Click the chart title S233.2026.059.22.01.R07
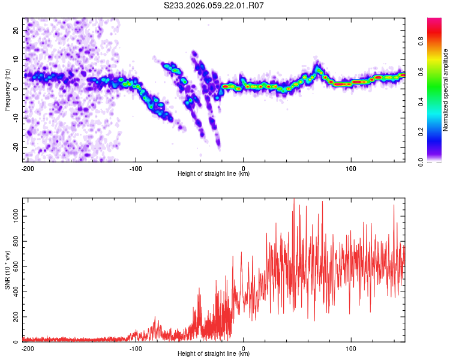click(x=214, y=5)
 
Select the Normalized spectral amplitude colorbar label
click(x=446, y=90)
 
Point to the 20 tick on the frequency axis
click(x=16, y=29)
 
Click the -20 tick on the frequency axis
click(x=15, y=147)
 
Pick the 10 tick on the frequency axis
click(x=16, y=59)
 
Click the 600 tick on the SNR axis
click(x=14, y=266)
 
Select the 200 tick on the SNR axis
click(x=14, y=316)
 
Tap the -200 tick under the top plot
click(x=27, y=168)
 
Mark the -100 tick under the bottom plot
click(x=135, y=348)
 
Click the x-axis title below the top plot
click(x=214, y=174)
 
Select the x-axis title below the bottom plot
click(x=214, y=354)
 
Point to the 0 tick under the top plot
click(x=243, y=168)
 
